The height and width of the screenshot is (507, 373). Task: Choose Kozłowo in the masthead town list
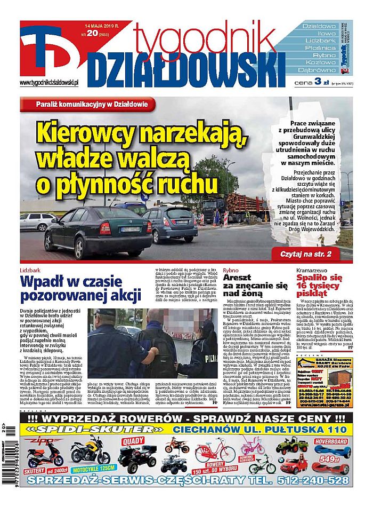(x=319, y=62)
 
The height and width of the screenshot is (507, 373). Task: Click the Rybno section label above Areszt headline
(x=230, y=270)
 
